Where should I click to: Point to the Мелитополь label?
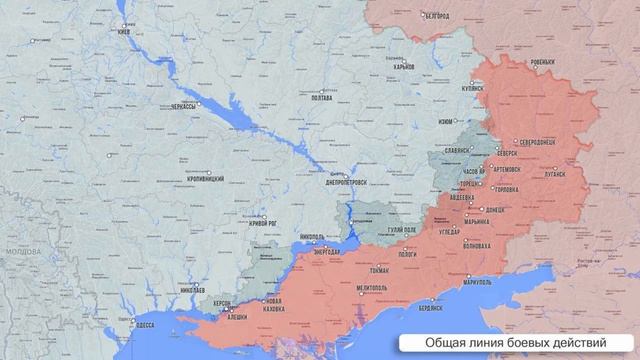pos(372,288)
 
